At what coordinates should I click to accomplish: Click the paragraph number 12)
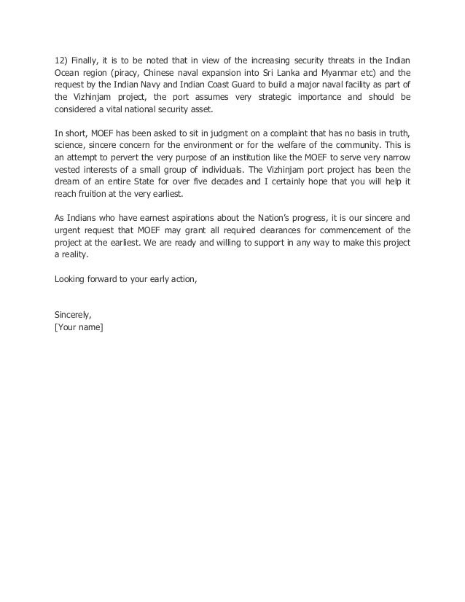pos(61,60)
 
